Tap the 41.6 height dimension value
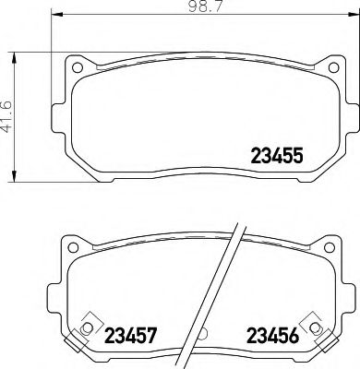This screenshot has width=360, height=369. (x=8, y=115)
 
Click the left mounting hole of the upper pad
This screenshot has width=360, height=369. (x=80, y=69)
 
